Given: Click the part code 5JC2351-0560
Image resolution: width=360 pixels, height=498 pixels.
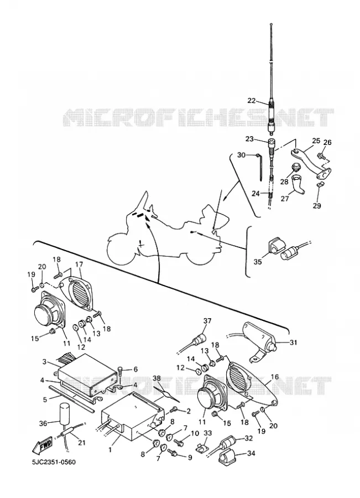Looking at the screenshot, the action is click(54, 462).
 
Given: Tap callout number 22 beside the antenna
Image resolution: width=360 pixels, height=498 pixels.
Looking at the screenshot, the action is click(252, 101).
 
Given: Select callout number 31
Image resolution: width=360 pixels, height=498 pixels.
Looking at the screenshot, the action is click(293, 342).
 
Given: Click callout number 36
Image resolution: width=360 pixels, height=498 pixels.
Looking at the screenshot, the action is click(43, 423).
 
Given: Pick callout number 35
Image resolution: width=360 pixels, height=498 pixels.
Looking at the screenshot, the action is click(258, 262).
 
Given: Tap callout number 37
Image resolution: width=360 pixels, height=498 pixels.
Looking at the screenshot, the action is click(207, 321).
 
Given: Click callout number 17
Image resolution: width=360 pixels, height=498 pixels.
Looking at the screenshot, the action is click(79, 264).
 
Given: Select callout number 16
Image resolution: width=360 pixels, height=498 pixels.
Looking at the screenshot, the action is click(275, 377).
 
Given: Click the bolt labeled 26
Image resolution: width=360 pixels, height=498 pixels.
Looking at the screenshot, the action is click(320, 156).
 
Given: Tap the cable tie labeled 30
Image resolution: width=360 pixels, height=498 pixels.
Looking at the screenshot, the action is click(260, 167).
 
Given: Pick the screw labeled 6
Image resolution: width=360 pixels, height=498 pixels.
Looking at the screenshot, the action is click(121, 371).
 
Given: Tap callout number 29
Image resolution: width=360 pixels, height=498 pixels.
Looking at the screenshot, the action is click(317, 205).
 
